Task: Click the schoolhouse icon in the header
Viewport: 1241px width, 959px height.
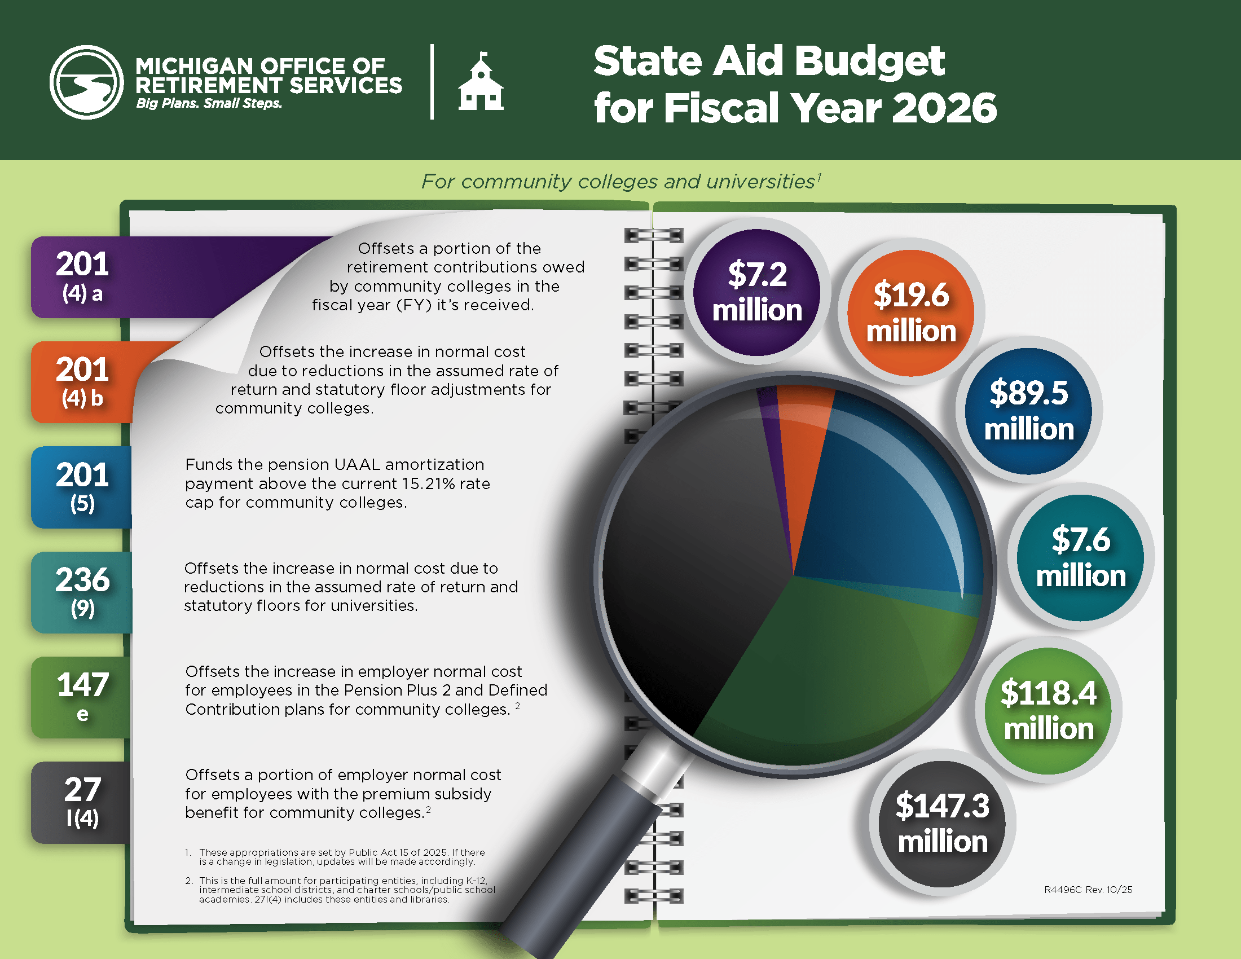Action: (x=481, y=82)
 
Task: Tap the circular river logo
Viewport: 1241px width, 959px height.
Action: (x=86, y=82)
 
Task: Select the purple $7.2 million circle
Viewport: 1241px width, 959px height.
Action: (x=757, y=293)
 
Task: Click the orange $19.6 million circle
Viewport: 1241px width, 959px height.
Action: (x=911, y=313)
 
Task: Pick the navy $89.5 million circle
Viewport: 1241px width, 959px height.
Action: (x=1028, y=411)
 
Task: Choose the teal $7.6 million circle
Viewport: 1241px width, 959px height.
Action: (x=1080, y=557)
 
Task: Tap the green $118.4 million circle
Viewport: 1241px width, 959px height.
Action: (x=1049, y=711)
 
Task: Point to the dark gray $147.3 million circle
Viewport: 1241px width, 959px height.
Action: (x=942, y=824)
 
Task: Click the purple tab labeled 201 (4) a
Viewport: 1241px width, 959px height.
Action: (x=82, y=276)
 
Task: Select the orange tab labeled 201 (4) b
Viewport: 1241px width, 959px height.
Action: (x=82, y=382)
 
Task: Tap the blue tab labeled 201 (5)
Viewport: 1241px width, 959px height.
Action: (x=82, y=487)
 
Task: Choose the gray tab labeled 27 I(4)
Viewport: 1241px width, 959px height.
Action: (x=82, y=802)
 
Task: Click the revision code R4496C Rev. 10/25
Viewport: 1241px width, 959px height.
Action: (x=1088, y=890)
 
